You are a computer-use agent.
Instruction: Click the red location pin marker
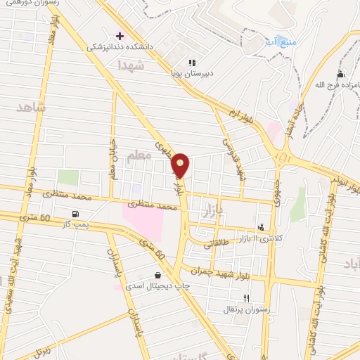[x=181, y=165]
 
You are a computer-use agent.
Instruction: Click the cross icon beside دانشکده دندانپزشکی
[x=120, y=35]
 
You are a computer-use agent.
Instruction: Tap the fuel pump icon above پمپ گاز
[x=75, y=213]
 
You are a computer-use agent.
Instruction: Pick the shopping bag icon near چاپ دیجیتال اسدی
[x=158, y=275]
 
